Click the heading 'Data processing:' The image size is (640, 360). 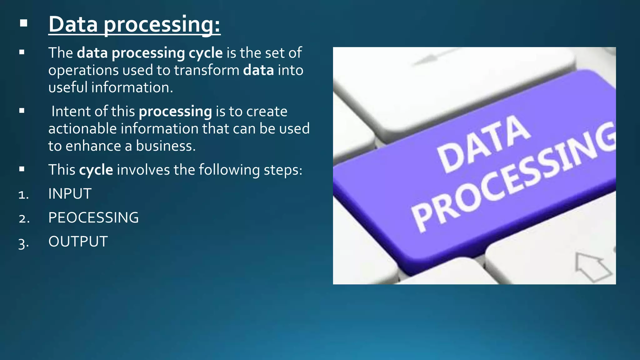(x=134, y=24)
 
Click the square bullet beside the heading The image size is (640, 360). (x=23, y=23)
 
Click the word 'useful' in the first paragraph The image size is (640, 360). (x=68, y=87)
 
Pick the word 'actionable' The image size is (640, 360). (x=82, y=129)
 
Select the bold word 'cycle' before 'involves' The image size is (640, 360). (x=96, y=170)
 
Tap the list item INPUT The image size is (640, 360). (x=70, y=194)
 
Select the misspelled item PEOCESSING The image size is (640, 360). (x=93, y=218)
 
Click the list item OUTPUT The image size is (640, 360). (x=78, y=242)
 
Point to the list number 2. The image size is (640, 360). (x=24, y=218)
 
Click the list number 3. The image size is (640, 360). (x=23, y=243)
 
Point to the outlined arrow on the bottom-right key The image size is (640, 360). (x=592, y=266)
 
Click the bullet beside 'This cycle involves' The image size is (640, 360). (x=22, y=169)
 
